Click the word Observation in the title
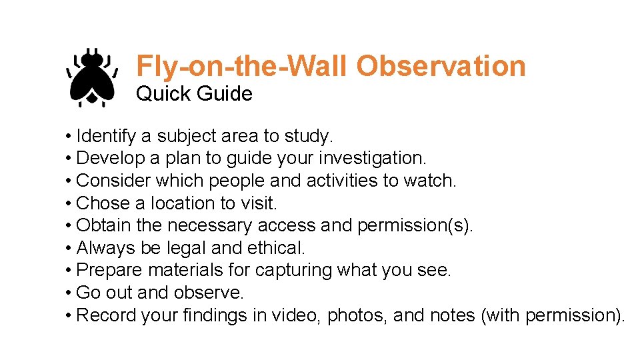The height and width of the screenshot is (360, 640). coord(441,66)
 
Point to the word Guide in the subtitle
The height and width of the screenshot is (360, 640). coord(225,94)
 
